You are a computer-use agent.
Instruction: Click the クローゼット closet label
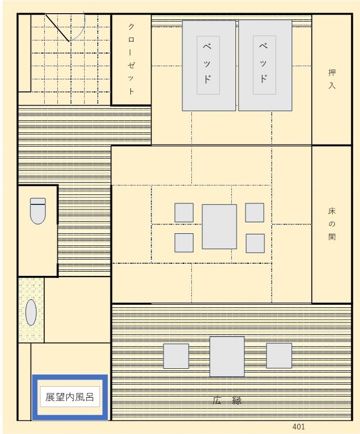[x=131, y=59]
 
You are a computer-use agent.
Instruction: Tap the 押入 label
[x=332, y=79]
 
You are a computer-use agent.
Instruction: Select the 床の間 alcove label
[x=332, y=224]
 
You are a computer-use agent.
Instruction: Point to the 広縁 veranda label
[x=227, y=400]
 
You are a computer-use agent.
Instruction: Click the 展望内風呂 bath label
[x=69, y=397]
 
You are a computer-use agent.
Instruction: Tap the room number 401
[x=299, y=427]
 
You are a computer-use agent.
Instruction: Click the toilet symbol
[x=38, y=211]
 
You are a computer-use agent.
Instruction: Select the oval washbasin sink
[x=31, y=312]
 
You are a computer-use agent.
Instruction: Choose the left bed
[x=209, y=66]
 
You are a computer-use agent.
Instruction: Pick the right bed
[x=265, y=65]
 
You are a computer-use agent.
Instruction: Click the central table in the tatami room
[x=219, y=226]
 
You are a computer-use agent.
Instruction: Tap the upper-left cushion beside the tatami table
[x=184, y=213]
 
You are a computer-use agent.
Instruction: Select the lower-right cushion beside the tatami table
[x=255, y=243]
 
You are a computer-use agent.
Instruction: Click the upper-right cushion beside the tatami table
[x=254, y=213]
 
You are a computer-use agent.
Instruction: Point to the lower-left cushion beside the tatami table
[x=184, y=243]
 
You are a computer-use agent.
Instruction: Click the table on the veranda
[x=227, y=356]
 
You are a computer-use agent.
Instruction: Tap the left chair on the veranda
[x=176, y=356]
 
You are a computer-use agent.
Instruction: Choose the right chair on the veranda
[x=279, y=356]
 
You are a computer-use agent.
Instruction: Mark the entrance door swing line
[x=57, y=28]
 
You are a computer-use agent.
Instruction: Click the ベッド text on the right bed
[x=263, y=63]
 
